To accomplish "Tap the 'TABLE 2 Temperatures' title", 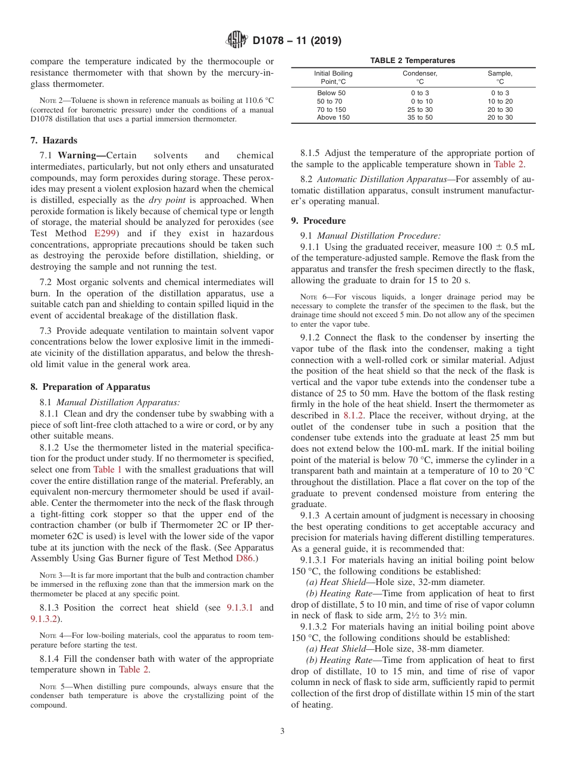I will click(412, 61).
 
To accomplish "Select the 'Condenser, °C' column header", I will click(419, 77).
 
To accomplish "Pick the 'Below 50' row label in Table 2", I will click(331, 93).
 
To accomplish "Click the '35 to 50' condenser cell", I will click(419, 118).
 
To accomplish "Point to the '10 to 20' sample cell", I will click(500, 102).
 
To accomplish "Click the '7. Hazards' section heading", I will click(54, 140).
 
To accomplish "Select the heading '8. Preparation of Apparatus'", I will click(90, 387).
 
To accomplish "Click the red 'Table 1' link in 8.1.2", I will click(108, 470).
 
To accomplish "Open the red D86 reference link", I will click(244, 558).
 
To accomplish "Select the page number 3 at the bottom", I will click(282, 731).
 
